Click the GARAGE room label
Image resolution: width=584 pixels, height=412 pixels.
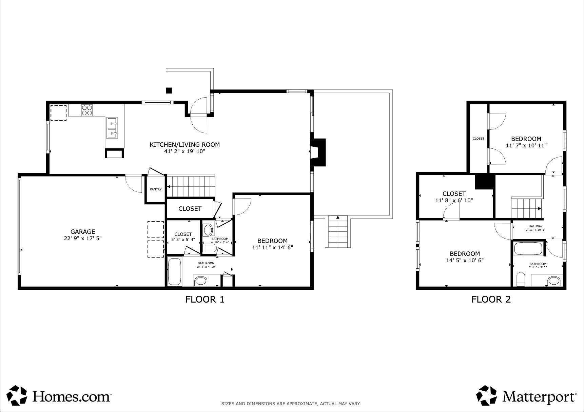(82, 232)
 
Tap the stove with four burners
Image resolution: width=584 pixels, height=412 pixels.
(87, 110)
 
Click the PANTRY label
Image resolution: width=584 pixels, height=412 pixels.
(156, 189)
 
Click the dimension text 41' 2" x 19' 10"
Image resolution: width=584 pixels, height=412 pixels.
(184, 151)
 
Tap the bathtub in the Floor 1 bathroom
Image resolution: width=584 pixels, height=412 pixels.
(174, 271)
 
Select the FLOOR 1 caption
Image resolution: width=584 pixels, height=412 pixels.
(205, 299)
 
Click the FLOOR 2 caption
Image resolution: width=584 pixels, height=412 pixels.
(491, 299)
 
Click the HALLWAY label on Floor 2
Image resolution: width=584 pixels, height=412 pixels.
(535, 226)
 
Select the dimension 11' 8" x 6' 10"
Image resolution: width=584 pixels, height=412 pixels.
(454, 200)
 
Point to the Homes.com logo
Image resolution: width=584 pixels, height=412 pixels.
(59, 395)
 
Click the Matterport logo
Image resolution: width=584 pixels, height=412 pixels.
(526, 395)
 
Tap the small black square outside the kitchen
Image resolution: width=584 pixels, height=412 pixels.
(169, 90)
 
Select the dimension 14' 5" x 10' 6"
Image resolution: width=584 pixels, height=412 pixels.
(465, 260)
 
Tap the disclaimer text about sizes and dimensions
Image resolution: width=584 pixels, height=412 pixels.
(291, 404)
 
